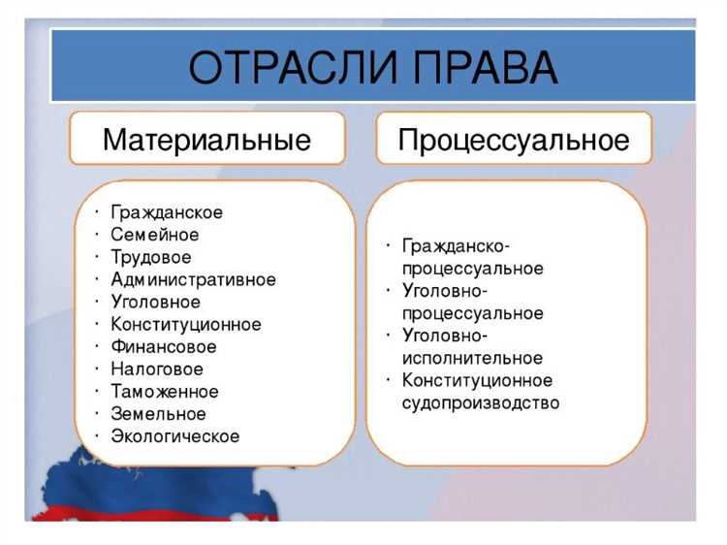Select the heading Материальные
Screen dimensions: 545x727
206,140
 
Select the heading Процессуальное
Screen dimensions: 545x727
514,140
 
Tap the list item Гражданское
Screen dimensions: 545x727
167,212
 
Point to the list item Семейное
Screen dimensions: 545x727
155,235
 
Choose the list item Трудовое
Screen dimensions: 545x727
151,257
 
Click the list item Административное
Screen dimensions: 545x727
193,279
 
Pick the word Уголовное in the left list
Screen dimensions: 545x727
156,302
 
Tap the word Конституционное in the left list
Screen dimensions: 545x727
186,324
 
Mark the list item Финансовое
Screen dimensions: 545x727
164,346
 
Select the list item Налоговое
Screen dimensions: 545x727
157,369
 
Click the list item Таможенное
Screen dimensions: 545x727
165,392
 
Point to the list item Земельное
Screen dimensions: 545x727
158,414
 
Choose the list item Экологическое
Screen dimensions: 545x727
175,436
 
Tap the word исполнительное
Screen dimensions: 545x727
472,358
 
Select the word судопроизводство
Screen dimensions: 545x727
480,402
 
